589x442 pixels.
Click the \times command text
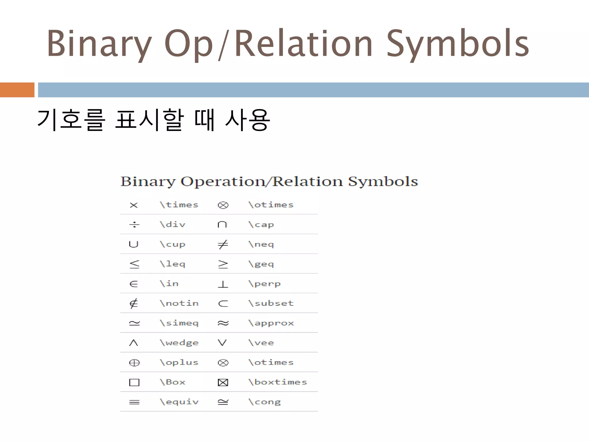(x=179, y=205)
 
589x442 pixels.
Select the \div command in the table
(x=173, y=224)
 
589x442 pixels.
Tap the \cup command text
(x=173, y=244)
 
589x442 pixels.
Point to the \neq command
(x=261, y=244)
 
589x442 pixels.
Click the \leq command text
(x=173, y=264)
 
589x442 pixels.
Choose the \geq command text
(x=261, y=264)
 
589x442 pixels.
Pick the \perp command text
(x=264, y=284)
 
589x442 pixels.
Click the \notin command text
(x=179, y=303)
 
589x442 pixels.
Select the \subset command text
(x=271, y=303)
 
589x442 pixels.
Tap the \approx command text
(x=271, y=323)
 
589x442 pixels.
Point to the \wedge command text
(x=179, y=343)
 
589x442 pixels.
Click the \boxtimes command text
(x=278, y=382)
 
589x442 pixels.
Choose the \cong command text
(x=264, y=402)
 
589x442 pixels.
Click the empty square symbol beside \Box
(x=134, y=382)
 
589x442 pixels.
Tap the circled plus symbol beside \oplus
(x=134, y=363)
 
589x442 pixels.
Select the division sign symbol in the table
(x=134, y=224)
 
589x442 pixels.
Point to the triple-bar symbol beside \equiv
(x=134, y=402)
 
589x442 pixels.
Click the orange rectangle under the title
(x=17, y=90)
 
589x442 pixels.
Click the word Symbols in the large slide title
(x=457, y=44)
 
